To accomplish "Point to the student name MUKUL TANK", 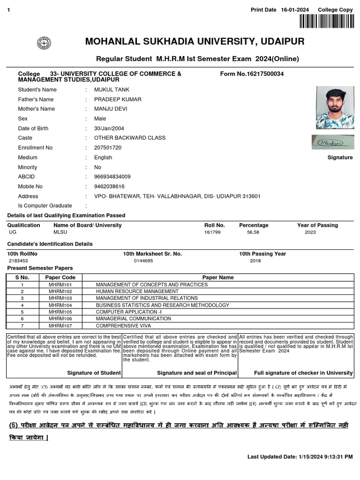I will click(x=112, y=90).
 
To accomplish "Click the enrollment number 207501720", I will click(x=107, y=148).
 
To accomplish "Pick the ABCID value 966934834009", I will click(x=112, y=177).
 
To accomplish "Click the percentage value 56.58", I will click(x=253, y=232).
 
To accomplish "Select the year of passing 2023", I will click(x=310, y=232).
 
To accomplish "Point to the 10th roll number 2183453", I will click(x=18, y=261).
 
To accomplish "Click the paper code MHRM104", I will click(x=60, y=305).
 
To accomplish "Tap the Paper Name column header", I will click(x=217, y=277).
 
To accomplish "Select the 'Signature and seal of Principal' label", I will click(x=196, y=373).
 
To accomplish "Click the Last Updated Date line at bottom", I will click(x=300, y=457).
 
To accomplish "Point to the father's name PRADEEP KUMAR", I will click(x=117, y=99).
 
